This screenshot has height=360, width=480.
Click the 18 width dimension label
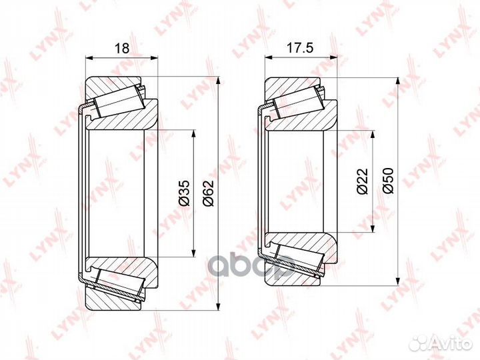(x=122, y=49)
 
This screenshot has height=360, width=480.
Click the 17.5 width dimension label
(x=300, y=48)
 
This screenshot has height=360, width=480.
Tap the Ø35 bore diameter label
(x=184, y=193)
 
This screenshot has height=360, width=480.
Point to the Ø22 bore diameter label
(x=363, y=181)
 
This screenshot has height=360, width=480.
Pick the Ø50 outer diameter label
(x=387, y=181)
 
